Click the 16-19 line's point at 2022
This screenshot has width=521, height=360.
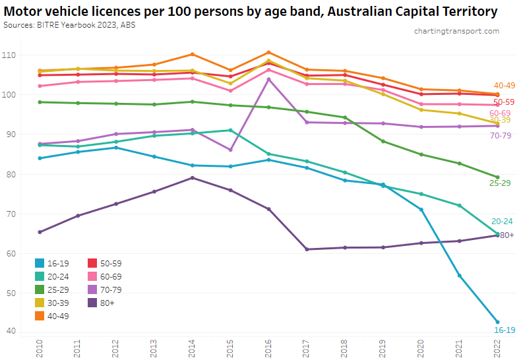point(498,322)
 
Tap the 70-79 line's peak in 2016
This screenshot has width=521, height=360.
point(268,79)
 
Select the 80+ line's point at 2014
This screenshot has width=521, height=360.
point(192,177)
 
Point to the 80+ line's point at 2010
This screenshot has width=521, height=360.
point(40,232)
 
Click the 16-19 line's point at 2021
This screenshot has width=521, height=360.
point(460,276)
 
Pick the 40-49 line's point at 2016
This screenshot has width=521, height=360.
point(268,52)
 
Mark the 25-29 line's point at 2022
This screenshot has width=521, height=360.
point(498,177)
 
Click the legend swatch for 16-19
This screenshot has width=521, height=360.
point(40,263)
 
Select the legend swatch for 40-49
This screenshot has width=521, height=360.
point(40,316)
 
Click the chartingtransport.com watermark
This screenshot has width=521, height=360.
point(456,31)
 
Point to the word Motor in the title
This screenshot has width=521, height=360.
point(25,11)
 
